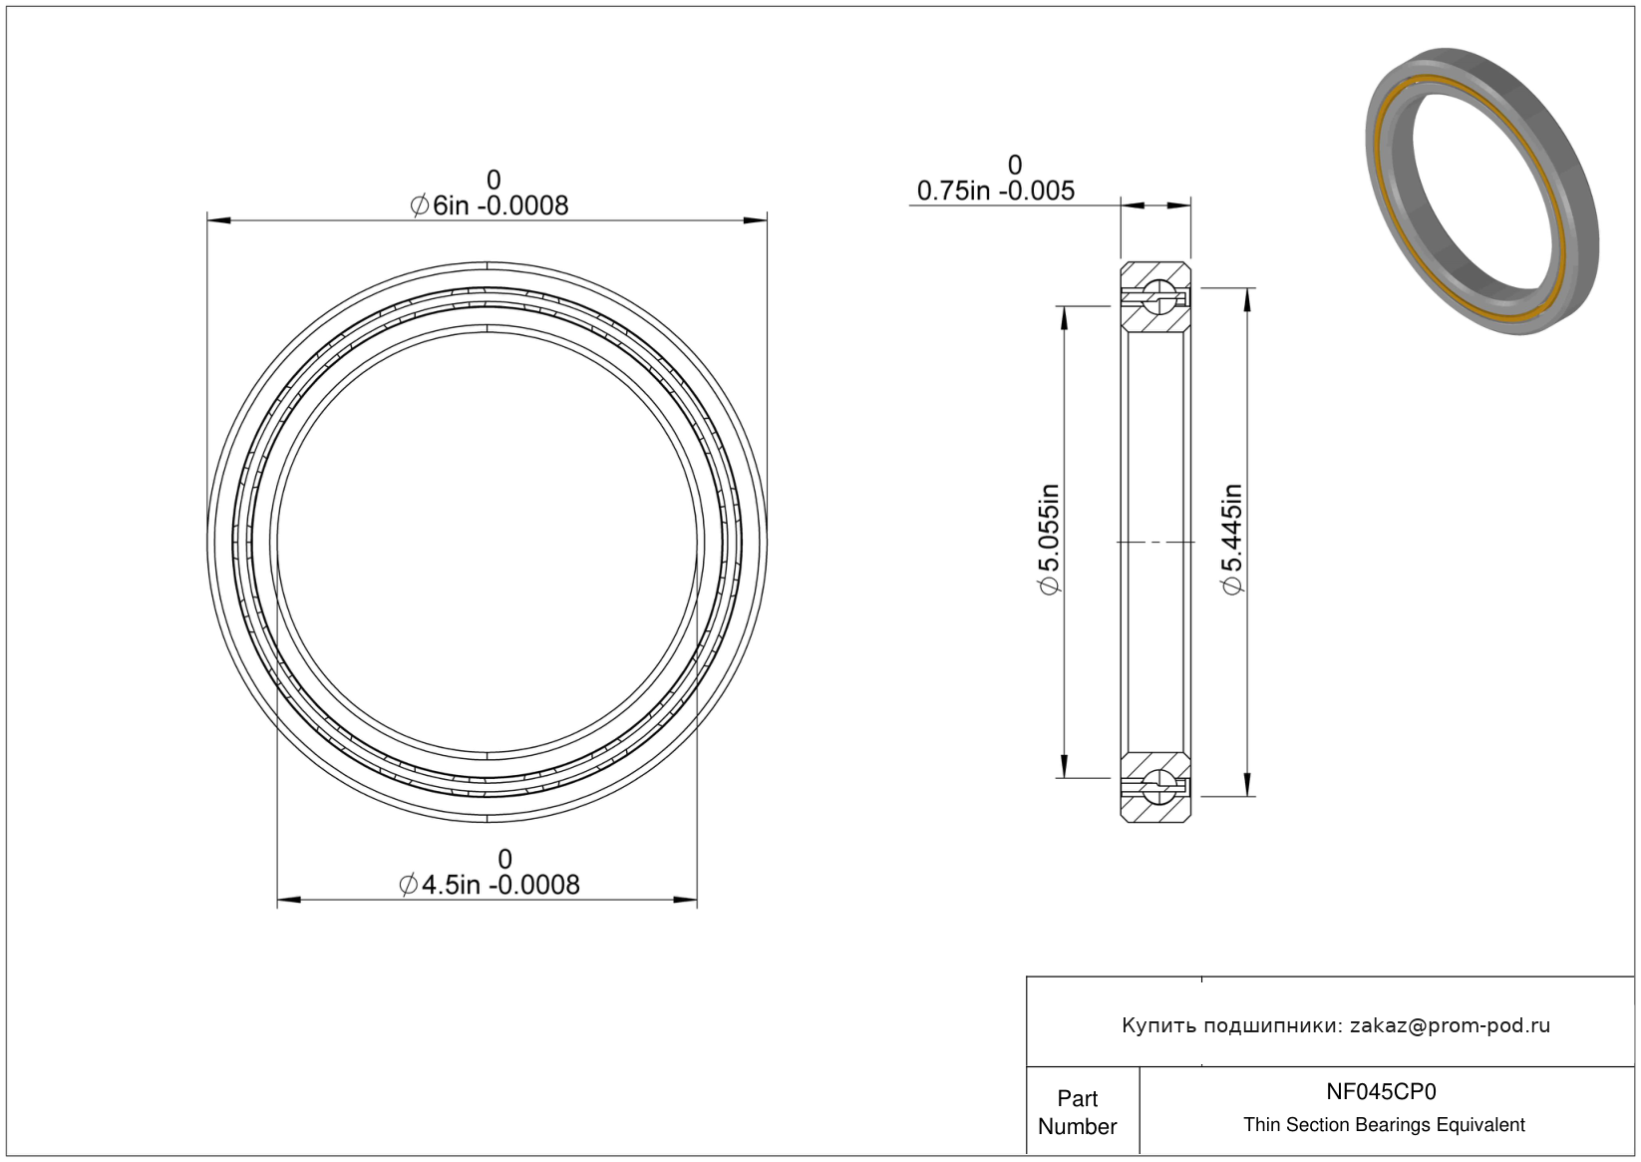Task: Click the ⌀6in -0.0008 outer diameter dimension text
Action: coord(489,206)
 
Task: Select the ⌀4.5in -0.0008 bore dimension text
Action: coord(489,886)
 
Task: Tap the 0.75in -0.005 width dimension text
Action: coord(996,192)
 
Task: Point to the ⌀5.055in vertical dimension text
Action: coord(1049,540)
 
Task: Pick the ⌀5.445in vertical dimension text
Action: coord(1232,540)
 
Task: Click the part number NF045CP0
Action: coord(1381,1091)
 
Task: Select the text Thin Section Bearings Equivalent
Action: coord(1384,1125)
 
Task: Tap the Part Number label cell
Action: coord(1077,1112)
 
